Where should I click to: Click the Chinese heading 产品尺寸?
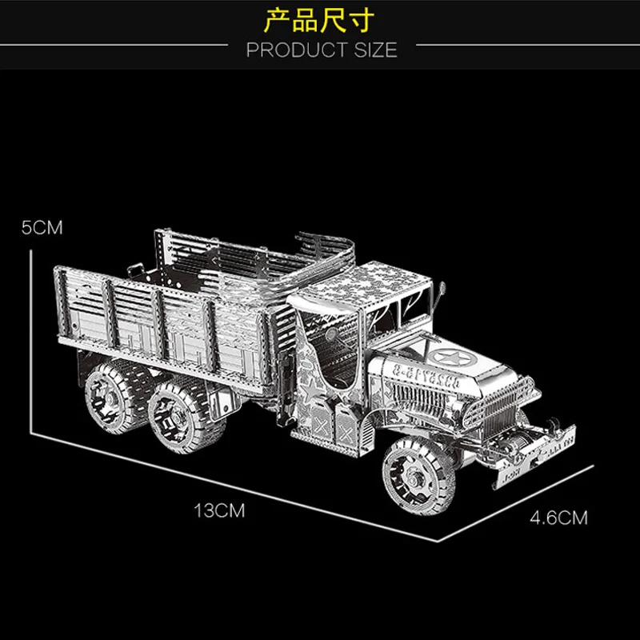pos(319,19)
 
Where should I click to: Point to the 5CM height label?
pos(42,227)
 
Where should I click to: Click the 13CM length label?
pos(218,510)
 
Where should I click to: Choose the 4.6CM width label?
pos(558,518)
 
